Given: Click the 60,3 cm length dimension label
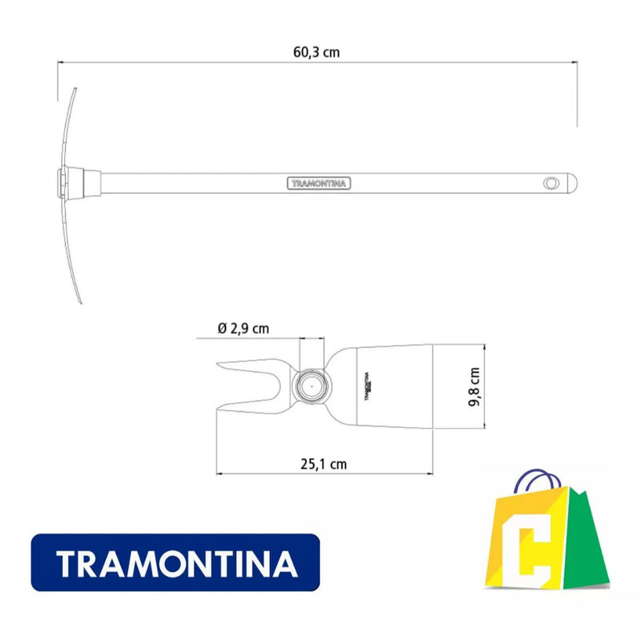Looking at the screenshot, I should pyautogui.click(x=316, y=53).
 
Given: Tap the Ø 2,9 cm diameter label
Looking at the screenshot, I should pyautogui.click(x=243, y=329).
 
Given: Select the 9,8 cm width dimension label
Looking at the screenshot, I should pyautogui.click(x=474, y=387).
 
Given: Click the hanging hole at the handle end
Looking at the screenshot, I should pyautogui.click(x=550, y=183).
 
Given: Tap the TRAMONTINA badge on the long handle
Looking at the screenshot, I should pyautogui.click(x=319, y=183).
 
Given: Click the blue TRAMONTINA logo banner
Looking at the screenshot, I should pyautogui.click(x=175, y=564).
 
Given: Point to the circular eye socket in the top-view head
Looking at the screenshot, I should pyautogui.click(x=312, y=385).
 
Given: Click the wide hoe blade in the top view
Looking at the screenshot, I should pyautogui.click(x=401, y=385).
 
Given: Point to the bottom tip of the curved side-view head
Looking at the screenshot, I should pyautogui.click(x=83, y=300).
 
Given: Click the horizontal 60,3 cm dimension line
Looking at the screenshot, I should pyautogui.click(x=200, y=62).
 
